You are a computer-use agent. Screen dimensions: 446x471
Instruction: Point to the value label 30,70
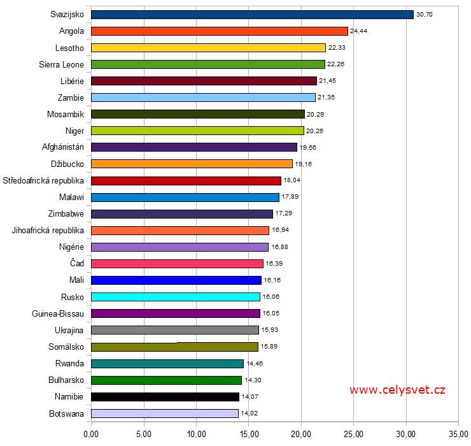[x=424, y=14]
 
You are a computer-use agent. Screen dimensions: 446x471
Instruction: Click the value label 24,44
[x=358, y=31]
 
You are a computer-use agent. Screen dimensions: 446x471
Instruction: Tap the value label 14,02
[x=249, y=413]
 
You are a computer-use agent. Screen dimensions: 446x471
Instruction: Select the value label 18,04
[x=291, y=180]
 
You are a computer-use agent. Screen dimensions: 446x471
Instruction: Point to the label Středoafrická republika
[x=44, y=180]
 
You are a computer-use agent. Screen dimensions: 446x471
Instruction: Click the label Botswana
[x=66, y=413]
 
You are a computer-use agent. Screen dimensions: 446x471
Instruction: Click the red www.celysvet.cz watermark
[x=397, y=390]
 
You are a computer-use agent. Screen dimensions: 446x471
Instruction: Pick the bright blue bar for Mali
[x=176, y=280]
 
